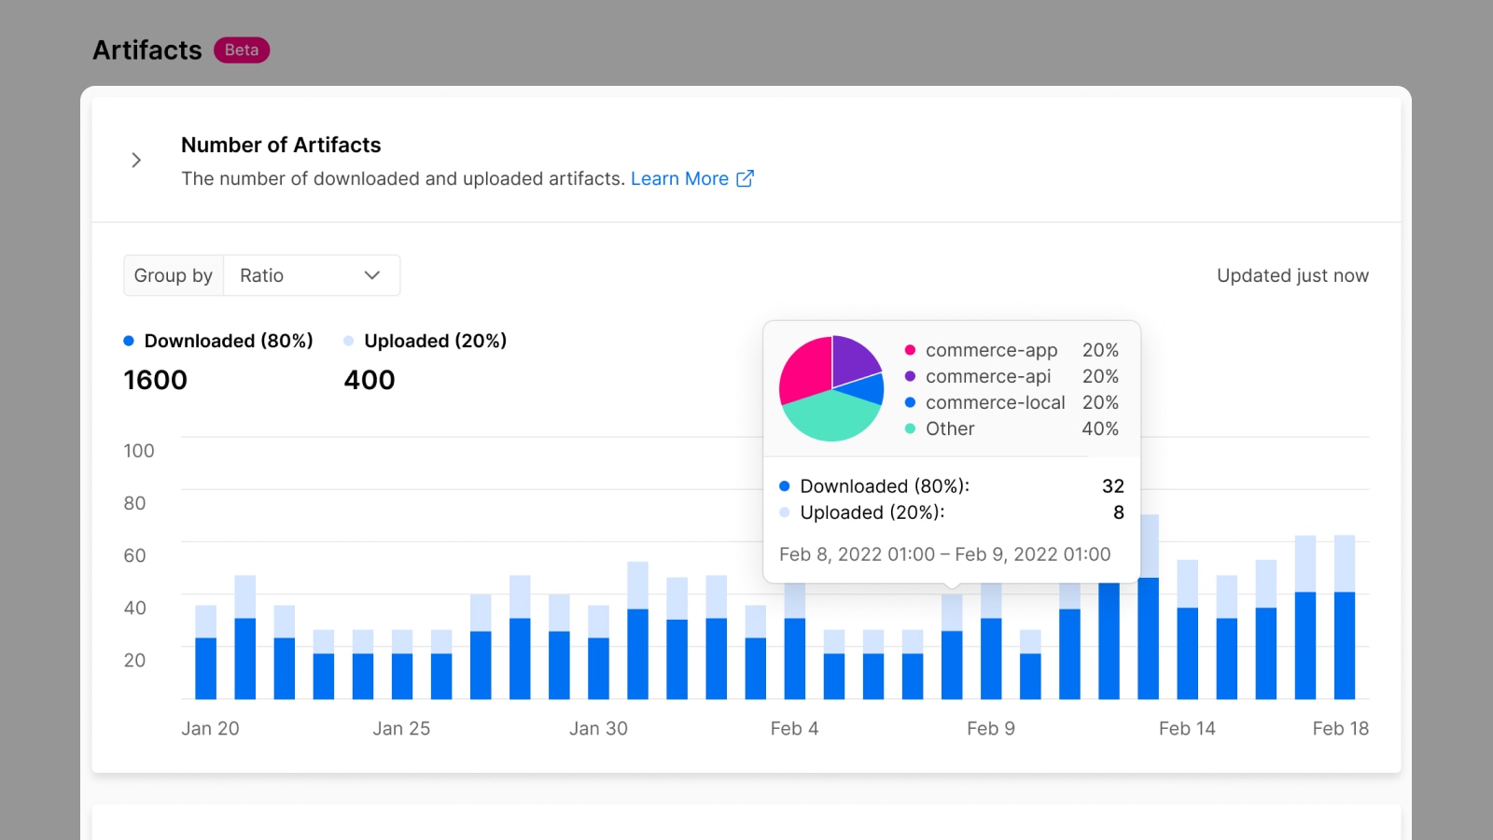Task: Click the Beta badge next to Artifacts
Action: [x=242, y=50]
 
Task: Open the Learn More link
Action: [x=691, y=178]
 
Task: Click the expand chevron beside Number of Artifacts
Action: [x=136, y=160]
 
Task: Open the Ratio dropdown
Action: [x=312, y=275]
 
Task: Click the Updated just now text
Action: [x=1292, y=275]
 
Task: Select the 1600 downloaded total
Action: [x=155, y=380]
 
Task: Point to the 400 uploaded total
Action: [x=370, y=380]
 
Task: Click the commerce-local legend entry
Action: [x=985, y=402]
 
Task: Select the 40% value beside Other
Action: [x=1100, y=428]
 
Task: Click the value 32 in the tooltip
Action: [x=1113, y=486]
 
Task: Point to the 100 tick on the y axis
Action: [x=139, y=451]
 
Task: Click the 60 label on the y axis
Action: [x=134, y=555]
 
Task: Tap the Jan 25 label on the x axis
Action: [x=401, y=728]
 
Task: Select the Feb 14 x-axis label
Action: [x=1187, y=728]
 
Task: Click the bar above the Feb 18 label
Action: [x=1345, y=617]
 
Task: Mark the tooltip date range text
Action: [x=944, y=554]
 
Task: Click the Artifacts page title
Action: [x=147, y=50]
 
